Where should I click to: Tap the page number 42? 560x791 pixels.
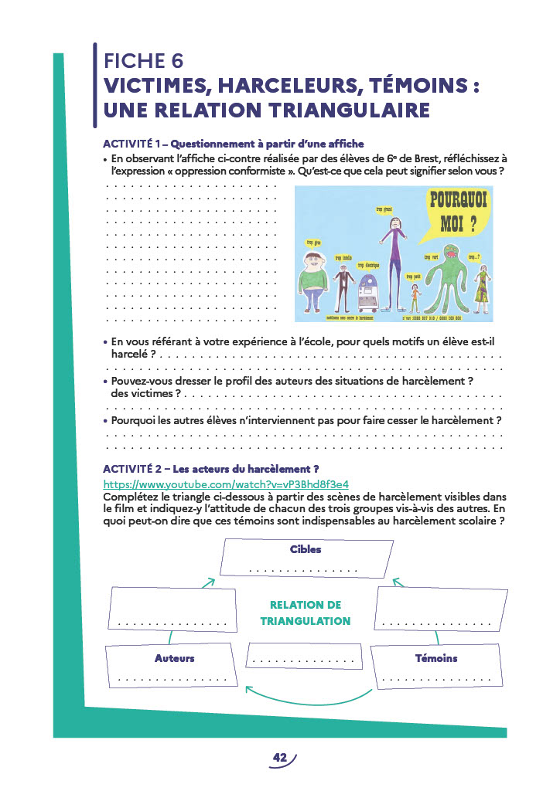pos(279,758)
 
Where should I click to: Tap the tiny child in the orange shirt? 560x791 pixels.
pos(415,297)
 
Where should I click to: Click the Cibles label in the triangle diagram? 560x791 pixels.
pos(306,549)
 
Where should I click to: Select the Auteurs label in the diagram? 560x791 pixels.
pos(174,658)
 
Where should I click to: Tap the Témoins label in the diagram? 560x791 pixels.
pos(436,658)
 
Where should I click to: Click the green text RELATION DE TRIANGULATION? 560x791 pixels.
pos(306,613)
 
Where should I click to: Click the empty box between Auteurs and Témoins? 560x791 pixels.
pos(303,657)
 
